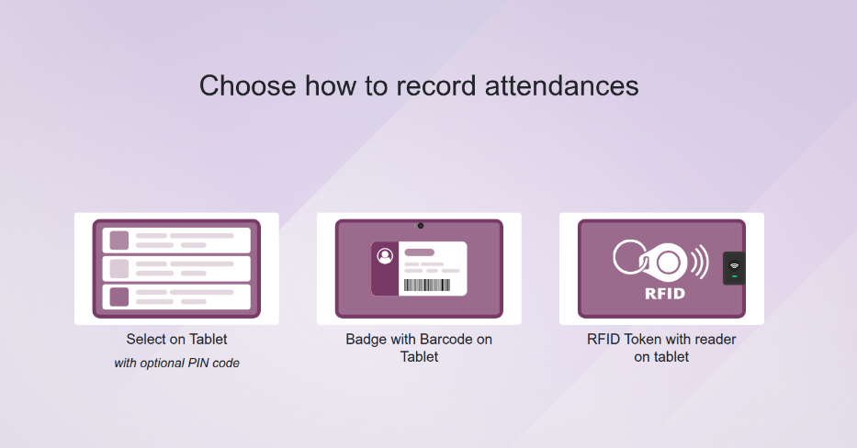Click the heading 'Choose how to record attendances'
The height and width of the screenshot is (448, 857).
pyautogui.click(x=419, y=85)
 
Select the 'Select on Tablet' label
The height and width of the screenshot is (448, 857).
pyautogui.click(x=176, y=340)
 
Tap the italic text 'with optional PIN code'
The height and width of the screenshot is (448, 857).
pyautogui.click(x=176, y=364)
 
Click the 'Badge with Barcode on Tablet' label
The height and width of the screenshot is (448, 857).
pyautogui.click(x=419, y=348)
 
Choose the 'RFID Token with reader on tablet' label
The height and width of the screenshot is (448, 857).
pyautogui.click(x=661, y=348)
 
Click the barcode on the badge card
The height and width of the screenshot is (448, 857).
pyautogui.click(x=427, y=286)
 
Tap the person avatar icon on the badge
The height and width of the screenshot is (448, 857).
pyautogui.click(x=385, y=256)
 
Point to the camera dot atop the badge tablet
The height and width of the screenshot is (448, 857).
pyautogui.click(x=420, y=225)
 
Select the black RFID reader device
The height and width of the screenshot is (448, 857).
pyautogui.click(x=734, y=268)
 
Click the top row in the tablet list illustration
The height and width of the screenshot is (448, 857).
pyautogui.click(x=176, y=241)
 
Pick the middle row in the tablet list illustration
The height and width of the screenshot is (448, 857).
pyautogui.click(x=176, y=269)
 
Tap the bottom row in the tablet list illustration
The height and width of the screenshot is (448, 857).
pyautogui.click(x=176, y=297)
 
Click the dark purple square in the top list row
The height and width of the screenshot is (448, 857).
pyautogui.click(x=119, y=241)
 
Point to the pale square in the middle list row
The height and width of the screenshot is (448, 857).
pyautogui.click(x=119, y=269)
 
